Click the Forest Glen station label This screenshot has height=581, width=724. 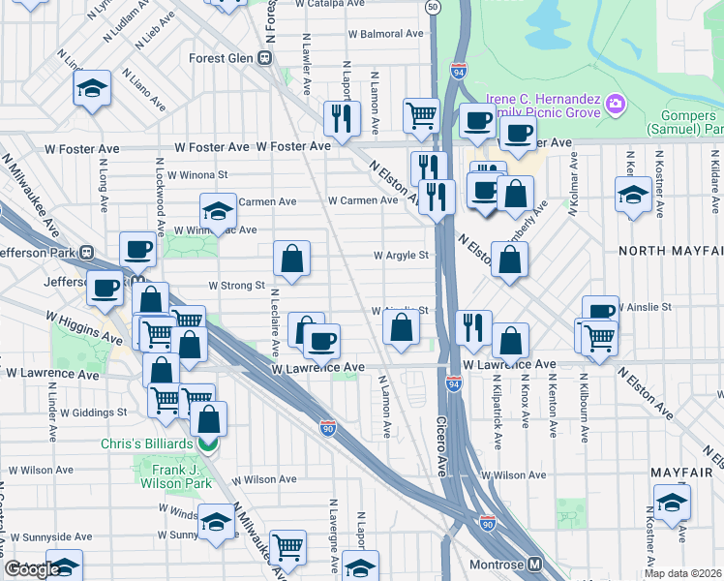pos(221,58)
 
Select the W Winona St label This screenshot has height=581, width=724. pos(197,175)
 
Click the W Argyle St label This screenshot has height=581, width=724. pos(402,256)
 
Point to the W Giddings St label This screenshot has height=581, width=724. pos(96,413)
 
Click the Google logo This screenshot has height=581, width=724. pos(31,569)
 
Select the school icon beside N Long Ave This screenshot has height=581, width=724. pos(91,89)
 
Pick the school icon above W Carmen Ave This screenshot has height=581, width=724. pos(219,210)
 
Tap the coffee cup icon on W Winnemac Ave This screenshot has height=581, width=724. pos(137,249)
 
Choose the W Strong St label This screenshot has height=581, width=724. pos(237,286)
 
